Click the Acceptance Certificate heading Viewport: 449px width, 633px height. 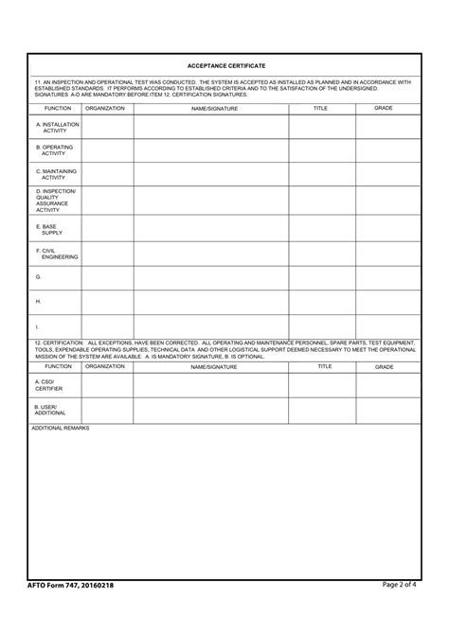click(x=226, y=65)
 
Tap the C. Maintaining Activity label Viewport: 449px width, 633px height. click(x=56, y=174)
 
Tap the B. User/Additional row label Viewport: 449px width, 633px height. click(x=50, y=410)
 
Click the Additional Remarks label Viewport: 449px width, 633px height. click(x=61, y=429)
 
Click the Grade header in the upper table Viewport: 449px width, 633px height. click(x=384, y=108)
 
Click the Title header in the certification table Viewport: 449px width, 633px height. click(x=325, y=365)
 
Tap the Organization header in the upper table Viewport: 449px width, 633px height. click(x=105, y=108)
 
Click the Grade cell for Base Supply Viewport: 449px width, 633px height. click(x=387, y=229)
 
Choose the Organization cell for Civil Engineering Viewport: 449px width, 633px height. click(x=106, y=254)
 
